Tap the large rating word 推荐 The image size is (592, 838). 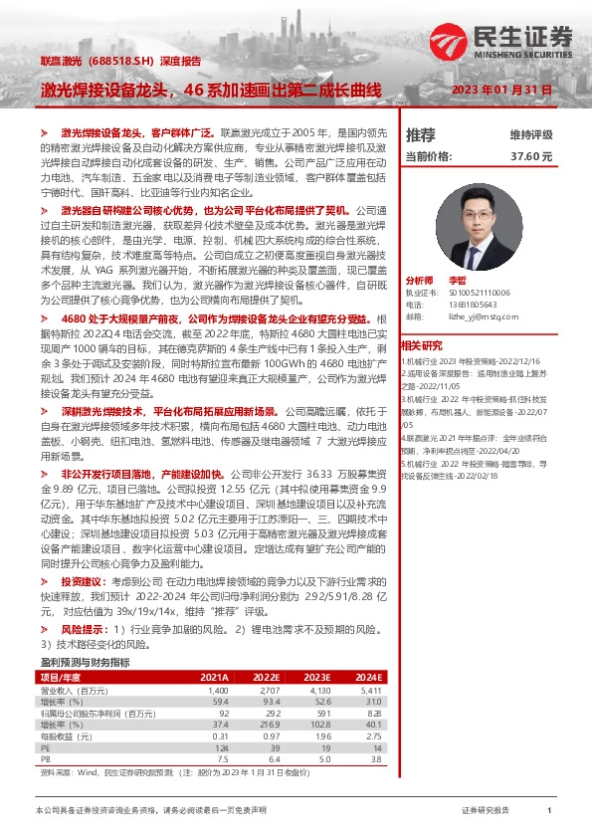pos(421,134)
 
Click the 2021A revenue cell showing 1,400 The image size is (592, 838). pos(218,689)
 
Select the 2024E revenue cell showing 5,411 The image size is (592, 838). pos(370,689)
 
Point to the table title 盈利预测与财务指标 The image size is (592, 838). pos(86,661)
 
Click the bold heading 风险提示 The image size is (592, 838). pos(82,630)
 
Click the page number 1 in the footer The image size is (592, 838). pos(549,811)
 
